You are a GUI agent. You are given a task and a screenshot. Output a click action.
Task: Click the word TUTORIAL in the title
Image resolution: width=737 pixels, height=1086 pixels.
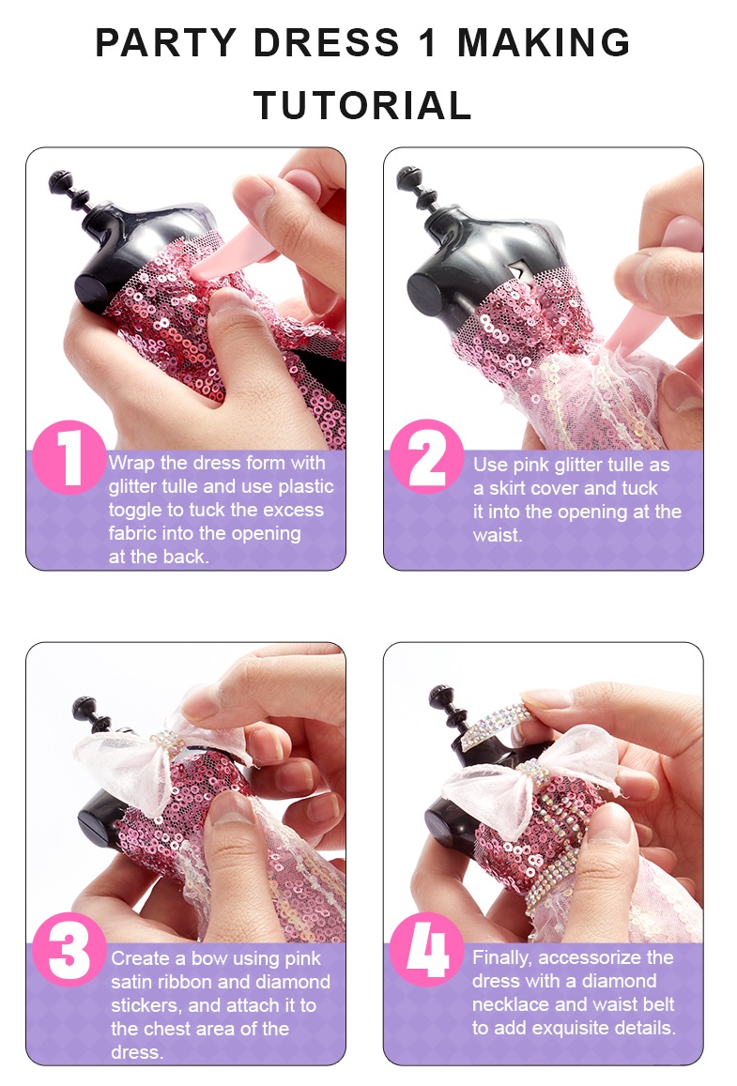click(x=362, y=105)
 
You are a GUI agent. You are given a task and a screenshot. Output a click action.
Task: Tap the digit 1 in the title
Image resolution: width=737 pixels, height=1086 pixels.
click(x=428, y=42)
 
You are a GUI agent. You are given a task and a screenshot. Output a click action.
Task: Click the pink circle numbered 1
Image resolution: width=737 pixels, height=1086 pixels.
click(x=69, y=457)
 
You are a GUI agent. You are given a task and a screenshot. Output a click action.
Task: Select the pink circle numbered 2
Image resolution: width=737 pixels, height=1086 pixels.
click(x=426, y=456)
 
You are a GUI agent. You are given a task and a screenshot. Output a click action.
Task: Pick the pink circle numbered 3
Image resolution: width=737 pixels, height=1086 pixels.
click(x=69, y=950)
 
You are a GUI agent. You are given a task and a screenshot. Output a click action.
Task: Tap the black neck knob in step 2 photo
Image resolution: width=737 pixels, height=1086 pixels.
click(x=416, y=186)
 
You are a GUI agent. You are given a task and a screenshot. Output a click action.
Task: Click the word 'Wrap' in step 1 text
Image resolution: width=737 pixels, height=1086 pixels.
click(x=131, y=463)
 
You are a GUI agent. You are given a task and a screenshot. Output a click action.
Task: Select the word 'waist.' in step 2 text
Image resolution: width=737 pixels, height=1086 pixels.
click(x=498, y=535)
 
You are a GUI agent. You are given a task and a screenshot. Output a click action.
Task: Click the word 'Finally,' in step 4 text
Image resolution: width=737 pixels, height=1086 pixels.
click(x=503, y=957)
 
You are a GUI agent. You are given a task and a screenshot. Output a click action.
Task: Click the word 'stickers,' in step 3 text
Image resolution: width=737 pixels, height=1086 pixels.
click(x=146, y=1005)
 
